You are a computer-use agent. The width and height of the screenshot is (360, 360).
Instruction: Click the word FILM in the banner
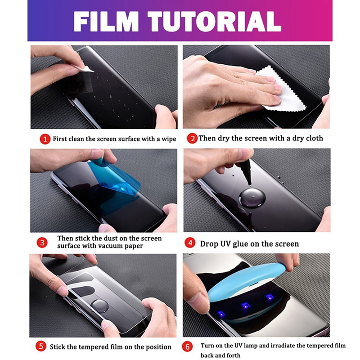click(106, 22)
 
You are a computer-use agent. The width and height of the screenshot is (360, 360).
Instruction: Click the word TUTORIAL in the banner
click(215, 22)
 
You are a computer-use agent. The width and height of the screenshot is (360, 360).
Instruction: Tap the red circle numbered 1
click(45, 139)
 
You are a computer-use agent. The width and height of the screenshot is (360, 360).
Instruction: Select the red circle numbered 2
click(192, 139)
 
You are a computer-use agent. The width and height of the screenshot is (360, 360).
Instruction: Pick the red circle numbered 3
click(42, 243)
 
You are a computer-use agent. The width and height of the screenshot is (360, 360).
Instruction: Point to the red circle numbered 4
click(190, 243)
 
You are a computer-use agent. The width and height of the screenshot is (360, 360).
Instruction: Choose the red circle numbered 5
click(41, 346)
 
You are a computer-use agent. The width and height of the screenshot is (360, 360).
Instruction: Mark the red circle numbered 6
click(187, 346)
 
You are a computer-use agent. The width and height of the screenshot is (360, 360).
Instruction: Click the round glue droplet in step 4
click(252, 198)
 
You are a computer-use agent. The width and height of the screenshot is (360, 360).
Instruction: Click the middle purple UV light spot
click(246, 306)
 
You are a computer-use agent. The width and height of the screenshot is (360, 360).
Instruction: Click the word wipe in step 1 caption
click(169, 139)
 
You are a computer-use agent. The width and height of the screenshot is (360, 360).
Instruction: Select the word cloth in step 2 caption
click(314, 138)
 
